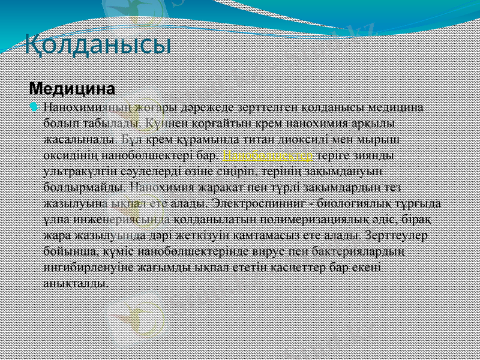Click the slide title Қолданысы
coord(98,43)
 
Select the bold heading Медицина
coord(72,89)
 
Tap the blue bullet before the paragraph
coord(34,107)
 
